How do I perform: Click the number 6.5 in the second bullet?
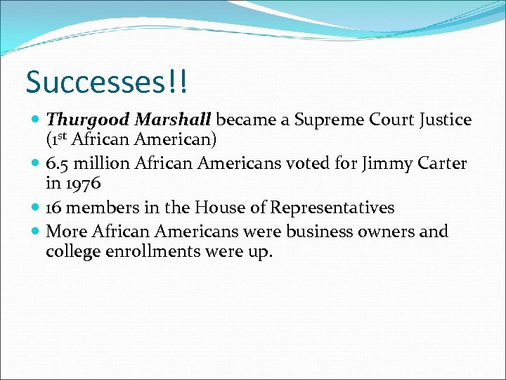pyautogui.click(x=59, y=164)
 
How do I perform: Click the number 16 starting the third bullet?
pyautogui.click(x=54, y=208)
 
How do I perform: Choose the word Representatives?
pyautogui.click(x=332, y=208)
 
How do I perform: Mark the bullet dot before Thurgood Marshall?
pyautogui.click(x=37, y=121)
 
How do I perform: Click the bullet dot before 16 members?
pyautogui.click(x=37, y=208)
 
